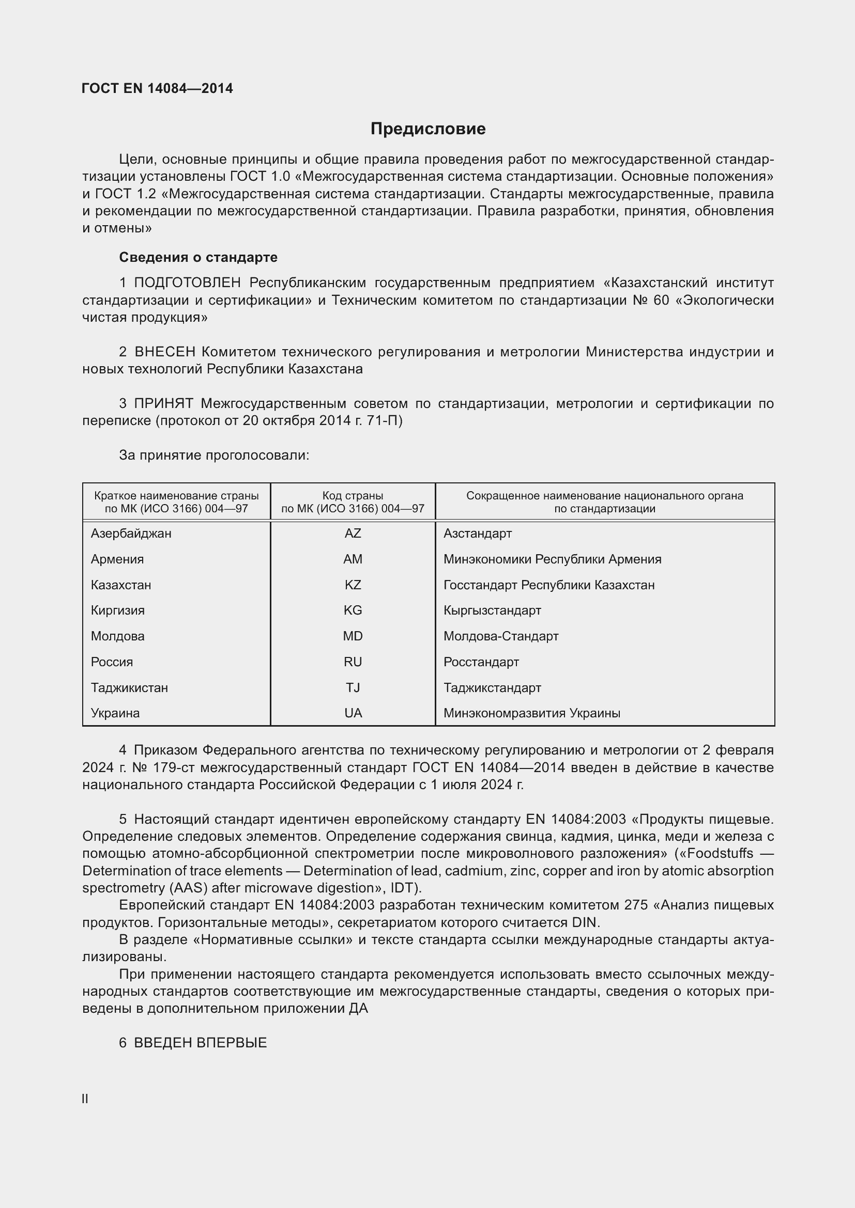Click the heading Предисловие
(427, 129)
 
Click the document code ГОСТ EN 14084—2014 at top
(158, 88)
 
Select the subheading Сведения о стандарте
(198, 257)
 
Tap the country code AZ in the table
(353, 534)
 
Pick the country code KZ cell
(353, 585)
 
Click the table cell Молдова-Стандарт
(501, 636)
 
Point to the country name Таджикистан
(130, 687)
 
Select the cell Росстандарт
(481, 662)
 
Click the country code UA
(353, 713)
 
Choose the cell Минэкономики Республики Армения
(552, 559)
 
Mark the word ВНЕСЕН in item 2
(165, 352)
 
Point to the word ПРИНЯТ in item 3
(164, 403)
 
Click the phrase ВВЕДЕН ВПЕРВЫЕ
(200, 1043)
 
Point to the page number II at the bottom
(85, 1099)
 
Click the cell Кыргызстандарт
(492, 610)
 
